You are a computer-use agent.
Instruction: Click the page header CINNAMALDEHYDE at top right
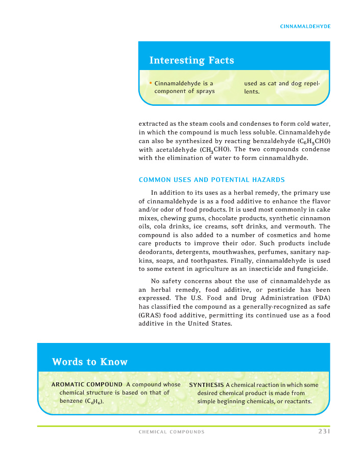pyautogui.click(x=305, y=26)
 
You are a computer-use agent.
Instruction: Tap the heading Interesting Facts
pyautogui.click(x=191, y=60)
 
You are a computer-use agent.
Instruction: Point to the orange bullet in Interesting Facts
pyautogui.click(x=151, y=83)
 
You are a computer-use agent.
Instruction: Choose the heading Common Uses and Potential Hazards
pyautogui.click(x=211, y=180)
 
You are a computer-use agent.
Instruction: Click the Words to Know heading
pyautogui.click(x=89, y=362)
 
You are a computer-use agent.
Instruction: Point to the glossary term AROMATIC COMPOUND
pyautogui.click(x=87, y=384)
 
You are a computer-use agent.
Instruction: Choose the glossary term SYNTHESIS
pyautogui.click(x=206, y=385)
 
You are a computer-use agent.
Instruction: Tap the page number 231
pyautogui.click(x=322, y=432)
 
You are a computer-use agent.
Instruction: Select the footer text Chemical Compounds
pyautogui.click(x=172, y=432)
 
